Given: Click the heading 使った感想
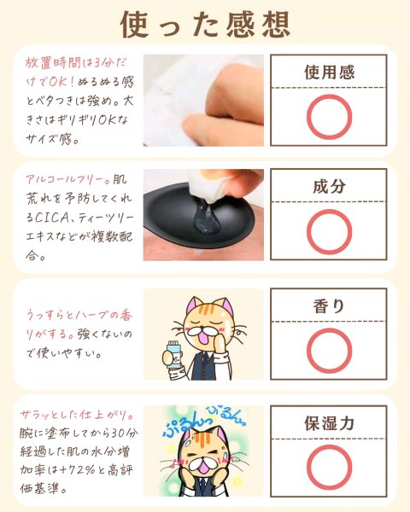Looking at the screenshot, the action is pyautogui.click(x=205, y=25).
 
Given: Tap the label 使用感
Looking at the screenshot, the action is pyautogui.click(x=329, y=73).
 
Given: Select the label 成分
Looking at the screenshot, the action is pyautogui.click(x=329, y=186).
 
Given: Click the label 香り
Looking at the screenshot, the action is pyautogui.click(x=329, y=306).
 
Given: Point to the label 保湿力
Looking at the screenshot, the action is pyautogui.click(x=329, y=423).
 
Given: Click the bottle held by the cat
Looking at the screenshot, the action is pyautogui.click(x=173, y=354).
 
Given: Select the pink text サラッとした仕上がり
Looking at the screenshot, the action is pyautogui.click(x=77, y=415).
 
